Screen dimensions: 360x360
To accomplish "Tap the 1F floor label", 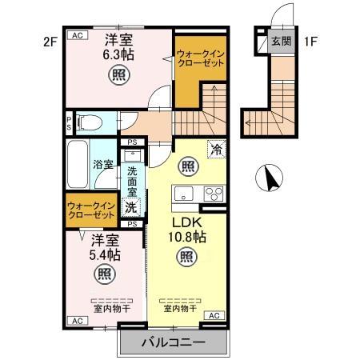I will (310, 39).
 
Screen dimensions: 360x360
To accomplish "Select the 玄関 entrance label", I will (280, 41).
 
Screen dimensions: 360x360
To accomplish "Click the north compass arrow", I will (274, 177).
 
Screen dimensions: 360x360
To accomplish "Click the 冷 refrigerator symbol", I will (216, 148).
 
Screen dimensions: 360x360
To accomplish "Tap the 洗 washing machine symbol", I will (131, 208).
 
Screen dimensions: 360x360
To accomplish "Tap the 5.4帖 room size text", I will (105, 255).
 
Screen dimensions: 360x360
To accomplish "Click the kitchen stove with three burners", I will (214, 194).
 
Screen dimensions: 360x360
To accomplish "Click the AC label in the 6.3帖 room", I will (78, 36).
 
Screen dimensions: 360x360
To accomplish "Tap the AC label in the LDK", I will (214, 317).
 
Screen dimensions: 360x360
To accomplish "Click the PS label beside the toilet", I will (70, 122).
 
